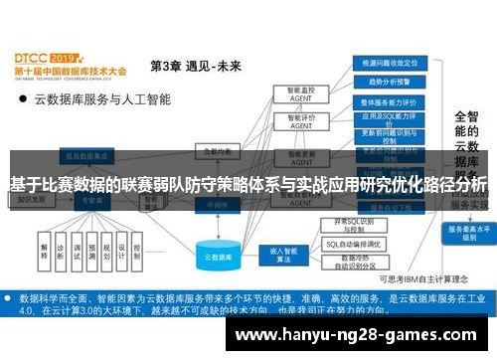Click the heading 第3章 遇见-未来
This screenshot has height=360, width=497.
(x=195, y=66)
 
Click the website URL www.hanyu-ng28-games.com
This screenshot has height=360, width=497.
(x=362, y=335)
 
